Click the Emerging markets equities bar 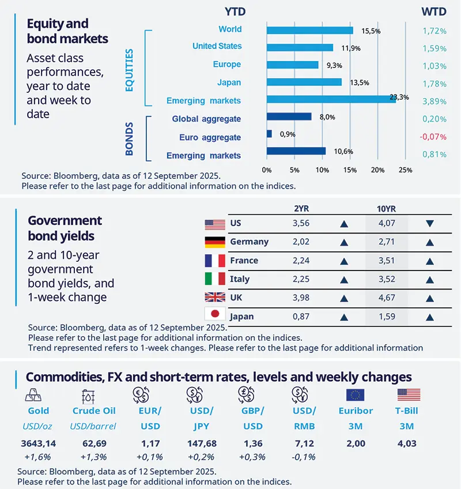point(331,100)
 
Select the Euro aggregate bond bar point(269,134)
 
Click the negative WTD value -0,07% point(433,137)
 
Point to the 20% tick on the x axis point(377,170)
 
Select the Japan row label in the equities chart point(229,82)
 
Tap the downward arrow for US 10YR point(429,223)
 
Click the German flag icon point(214,242)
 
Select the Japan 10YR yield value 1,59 point(386,317)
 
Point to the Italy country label point(240,279)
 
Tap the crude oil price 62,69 point(94,444)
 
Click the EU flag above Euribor point(355,395)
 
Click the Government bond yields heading point(65,228)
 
